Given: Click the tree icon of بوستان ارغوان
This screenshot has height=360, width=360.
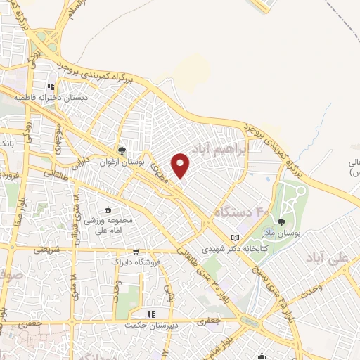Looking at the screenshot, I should [x=122, y=150].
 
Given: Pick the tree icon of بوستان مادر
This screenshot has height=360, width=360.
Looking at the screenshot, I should [x=282, y=222].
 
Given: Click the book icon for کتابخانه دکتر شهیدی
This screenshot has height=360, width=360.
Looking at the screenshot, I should [x=235, y=238].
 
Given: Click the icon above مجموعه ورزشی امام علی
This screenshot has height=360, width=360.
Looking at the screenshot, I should [x=108, y=209].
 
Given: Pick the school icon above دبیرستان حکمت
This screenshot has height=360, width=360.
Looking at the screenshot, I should [x=149, y=314].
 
